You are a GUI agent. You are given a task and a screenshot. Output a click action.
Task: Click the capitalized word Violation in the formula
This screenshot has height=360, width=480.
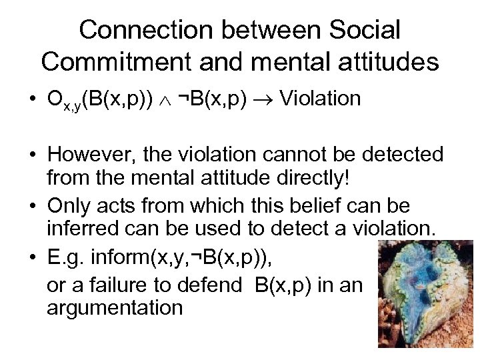[x=321, y=99]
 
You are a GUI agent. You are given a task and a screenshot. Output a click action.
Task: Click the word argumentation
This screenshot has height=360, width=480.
[x=115, y=307]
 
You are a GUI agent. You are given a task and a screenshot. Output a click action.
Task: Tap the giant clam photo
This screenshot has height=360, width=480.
[x=426, y=293]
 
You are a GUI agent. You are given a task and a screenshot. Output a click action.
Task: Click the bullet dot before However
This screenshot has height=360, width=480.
[x=31, y=155]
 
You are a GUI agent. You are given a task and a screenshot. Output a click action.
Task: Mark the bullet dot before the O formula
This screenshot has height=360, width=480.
[x=31, y=100]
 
